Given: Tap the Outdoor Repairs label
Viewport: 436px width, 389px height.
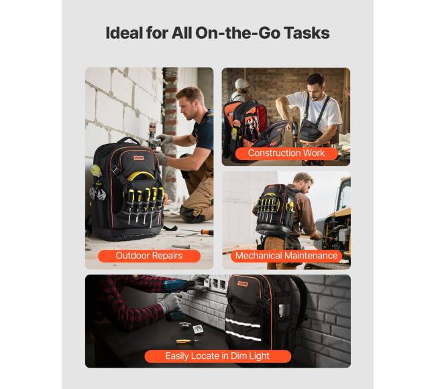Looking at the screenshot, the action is click(150, 256).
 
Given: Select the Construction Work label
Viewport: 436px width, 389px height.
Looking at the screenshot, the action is click(286, 153).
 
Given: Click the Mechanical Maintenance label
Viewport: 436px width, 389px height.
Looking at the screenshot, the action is click(286, 256).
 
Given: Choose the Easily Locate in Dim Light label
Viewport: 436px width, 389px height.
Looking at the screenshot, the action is click(218, 356).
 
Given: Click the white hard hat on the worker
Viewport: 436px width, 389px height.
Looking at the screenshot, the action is click(241, 84).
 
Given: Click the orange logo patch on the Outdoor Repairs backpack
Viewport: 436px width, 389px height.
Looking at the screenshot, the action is click(138, 158).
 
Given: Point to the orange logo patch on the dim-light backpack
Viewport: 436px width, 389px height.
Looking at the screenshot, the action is click(242, 284).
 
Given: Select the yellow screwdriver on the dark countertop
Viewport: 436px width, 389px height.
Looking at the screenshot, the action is click(187, 341).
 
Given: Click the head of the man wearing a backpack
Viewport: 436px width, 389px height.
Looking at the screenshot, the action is click(303, 183).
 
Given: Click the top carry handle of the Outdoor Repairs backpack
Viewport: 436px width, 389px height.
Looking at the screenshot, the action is click(129, 140).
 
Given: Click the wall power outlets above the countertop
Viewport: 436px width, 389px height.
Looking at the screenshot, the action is click(215, 283).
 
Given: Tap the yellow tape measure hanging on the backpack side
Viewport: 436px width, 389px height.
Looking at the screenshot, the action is click(96, 170).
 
